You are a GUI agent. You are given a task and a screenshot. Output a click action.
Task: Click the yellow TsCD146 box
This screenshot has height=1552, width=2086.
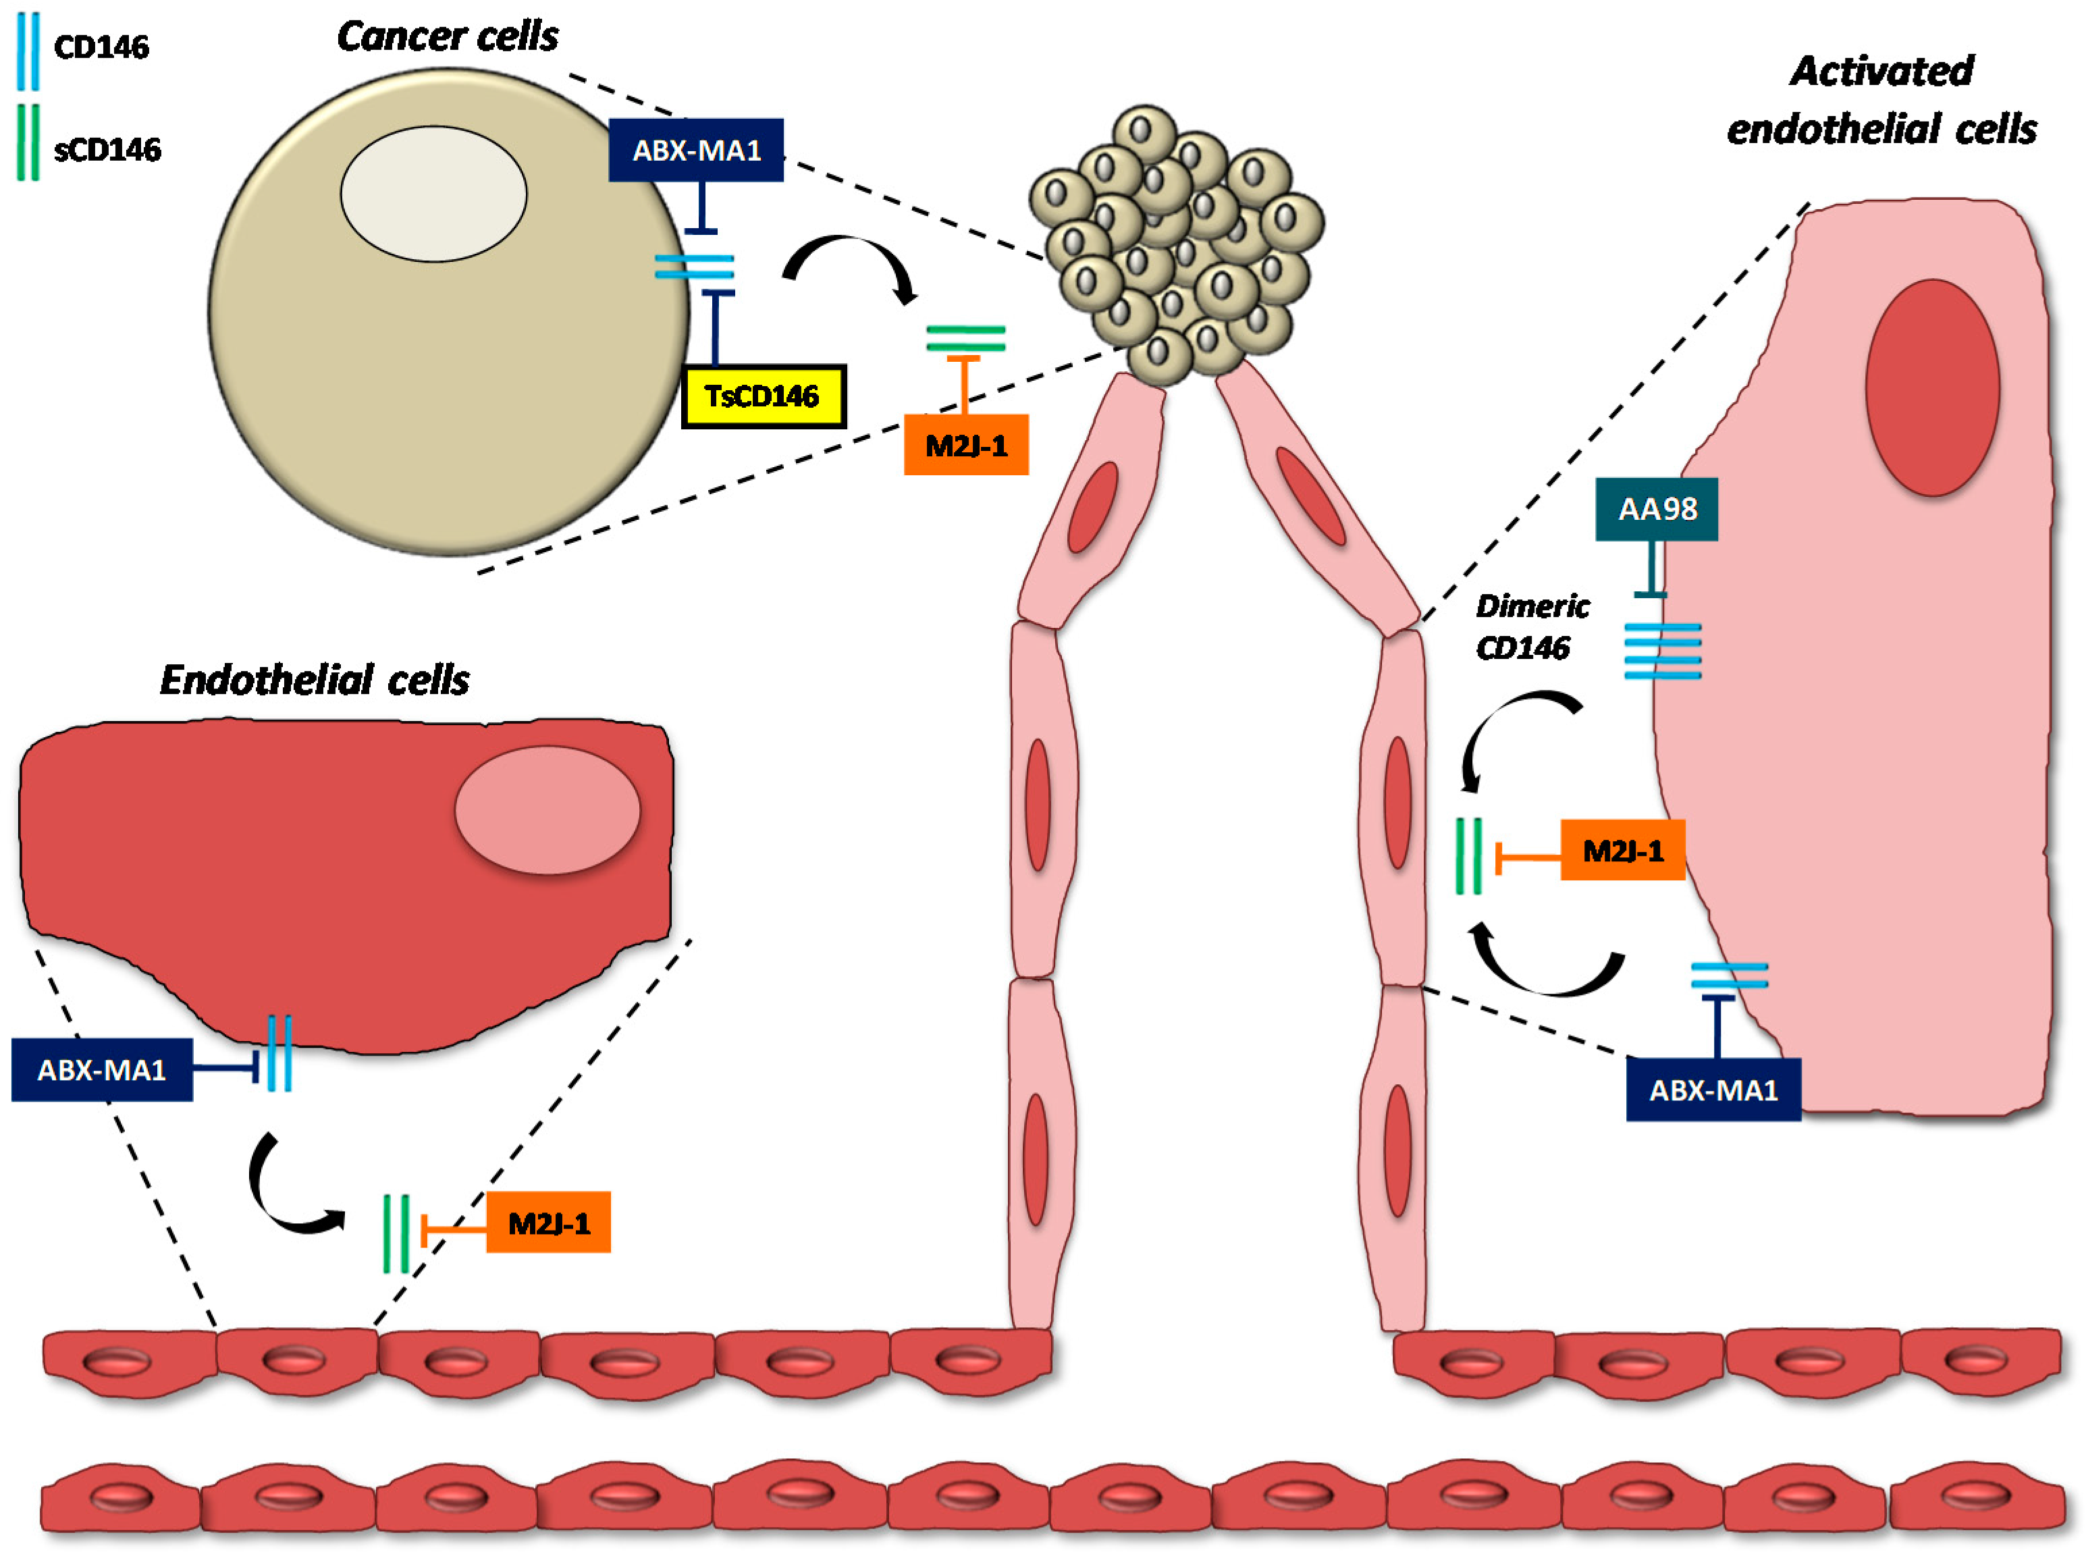click(763, 396)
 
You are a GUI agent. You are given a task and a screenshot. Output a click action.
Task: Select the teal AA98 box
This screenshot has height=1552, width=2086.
click(1657, 509)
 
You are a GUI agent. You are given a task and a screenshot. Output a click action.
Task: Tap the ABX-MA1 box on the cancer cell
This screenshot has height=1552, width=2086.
click(696, 151)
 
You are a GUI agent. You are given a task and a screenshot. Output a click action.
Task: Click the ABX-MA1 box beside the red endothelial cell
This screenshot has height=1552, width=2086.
click(101, 1069)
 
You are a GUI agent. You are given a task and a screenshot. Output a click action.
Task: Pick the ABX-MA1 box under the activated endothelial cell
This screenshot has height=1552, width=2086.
click(1713, 1090)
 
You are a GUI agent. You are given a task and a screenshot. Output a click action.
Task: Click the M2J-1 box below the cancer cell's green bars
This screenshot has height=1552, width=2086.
click(965, 446)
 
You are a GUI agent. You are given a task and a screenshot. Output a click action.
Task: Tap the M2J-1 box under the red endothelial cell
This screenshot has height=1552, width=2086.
click(548, 1223)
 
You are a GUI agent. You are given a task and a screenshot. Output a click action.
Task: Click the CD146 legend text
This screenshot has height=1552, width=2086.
click(101, 47)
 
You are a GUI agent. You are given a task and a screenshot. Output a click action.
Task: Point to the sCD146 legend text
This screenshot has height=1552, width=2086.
click(107, 149)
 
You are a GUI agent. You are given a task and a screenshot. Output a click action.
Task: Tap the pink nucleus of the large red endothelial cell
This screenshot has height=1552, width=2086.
click(547, 810)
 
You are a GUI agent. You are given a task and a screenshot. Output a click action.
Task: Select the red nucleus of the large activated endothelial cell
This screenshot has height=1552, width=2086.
click(1932, 387)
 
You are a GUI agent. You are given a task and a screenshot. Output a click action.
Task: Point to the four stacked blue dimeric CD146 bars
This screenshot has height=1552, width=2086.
click(1663, 650)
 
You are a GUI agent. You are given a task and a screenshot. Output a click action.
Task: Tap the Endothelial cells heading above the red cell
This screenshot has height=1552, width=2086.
click(315, 679)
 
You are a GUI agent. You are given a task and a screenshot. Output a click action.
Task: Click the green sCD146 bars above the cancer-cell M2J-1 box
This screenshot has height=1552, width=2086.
click(965, 338)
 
